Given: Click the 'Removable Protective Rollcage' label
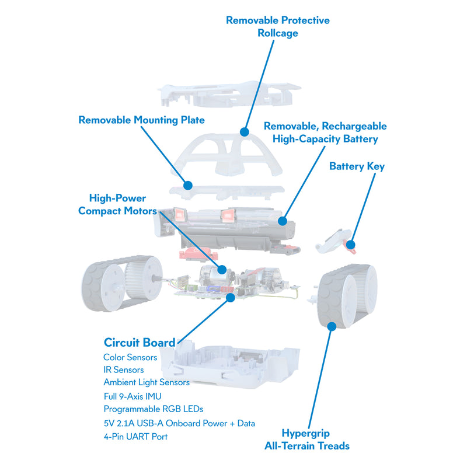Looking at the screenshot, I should [278, 27].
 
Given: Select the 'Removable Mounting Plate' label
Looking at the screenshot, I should [141, 120].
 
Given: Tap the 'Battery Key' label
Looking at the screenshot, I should [357, 166].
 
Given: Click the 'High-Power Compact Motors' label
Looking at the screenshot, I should [117, 204].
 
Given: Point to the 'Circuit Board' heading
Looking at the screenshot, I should [139, 343].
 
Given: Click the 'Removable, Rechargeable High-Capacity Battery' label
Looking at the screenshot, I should [325, 133].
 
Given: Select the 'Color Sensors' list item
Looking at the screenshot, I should [130, 357].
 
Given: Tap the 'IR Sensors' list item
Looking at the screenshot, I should [123, 370].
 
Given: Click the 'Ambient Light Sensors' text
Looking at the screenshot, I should [146, 382].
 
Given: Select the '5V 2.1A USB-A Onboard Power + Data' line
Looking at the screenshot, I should [179, 423].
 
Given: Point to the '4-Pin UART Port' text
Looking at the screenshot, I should [134, 437].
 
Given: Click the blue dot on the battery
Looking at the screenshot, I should [281, 221].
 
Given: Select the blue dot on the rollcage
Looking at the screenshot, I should [243, 134].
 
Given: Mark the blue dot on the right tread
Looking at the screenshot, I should [332, 326].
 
